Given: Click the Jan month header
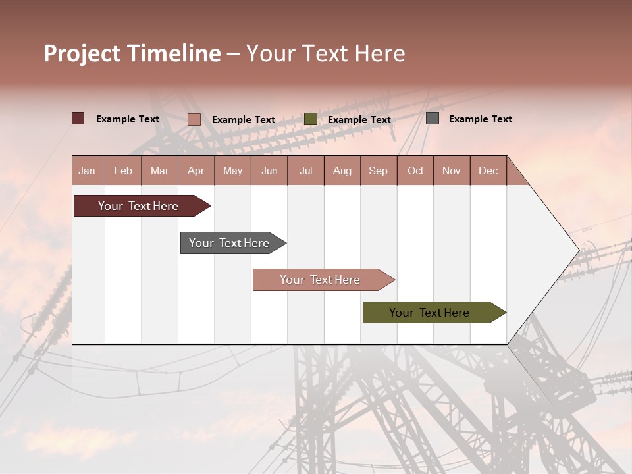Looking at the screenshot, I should click(x=87, y=171).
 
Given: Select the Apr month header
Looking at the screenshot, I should click(x=196, y=171).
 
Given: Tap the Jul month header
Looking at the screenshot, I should click(x=305, y=171).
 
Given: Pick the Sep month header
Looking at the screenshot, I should click(x=378, y=171).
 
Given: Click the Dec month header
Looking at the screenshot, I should click(x=488, y=171).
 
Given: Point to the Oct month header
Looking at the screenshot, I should click(x=415, y=171).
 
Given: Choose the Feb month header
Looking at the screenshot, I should click(x=123, y=171).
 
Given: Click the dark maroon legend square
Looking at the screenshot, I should click(x=78, y=118).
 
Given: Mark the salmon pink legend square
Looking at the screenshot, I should click(x=194, y=119).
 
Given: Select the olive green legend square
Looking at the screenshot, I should click(x=311, y=118).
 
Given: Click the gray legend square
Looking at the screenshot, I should click(x=433, y=118).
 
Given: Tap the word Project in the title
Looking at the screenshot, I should click(x=82, y=53).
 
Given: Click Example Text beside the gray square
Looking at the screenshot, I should click(x=480, y=119).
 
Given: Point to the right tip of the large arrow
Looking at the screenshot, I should click(x=578, y=250).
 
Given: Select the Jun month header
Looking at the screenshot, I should click(x=269, y=171).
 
